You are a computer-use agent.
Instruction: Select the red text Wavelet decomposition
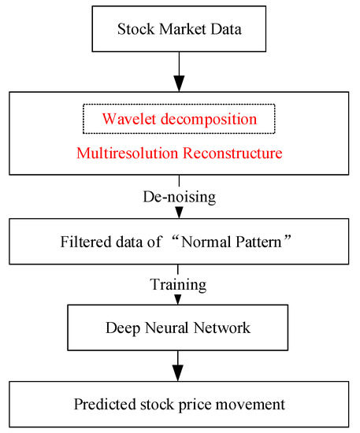point(179,120)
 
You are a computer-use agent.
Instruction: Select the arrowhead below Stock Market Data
point(179,82)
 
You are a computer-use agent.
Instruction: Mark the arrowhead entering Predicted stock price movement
point(179,373)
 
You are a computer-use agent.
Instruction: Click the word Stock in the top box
point(132,31)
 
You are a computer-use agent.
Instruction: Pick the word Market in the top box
point(177,31)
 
